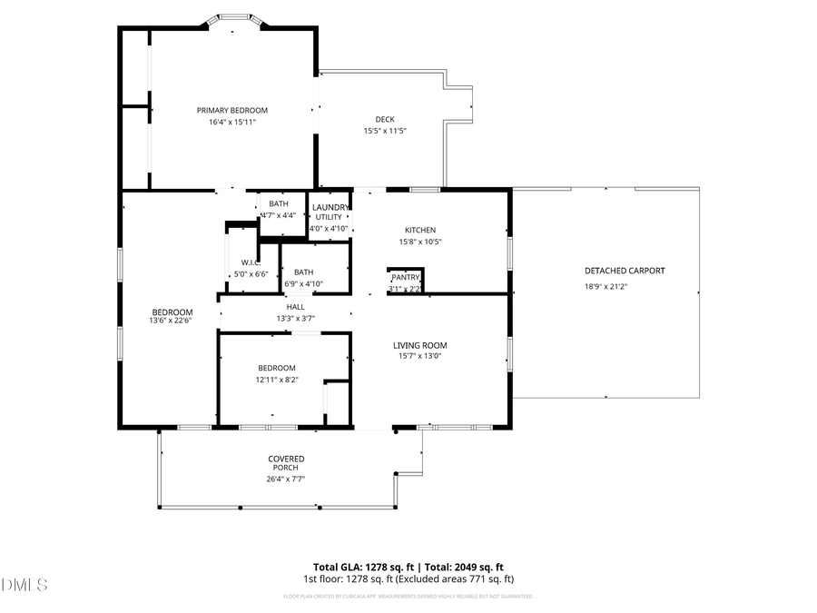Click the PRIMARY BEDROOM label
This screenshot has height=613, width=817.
click(232, 110)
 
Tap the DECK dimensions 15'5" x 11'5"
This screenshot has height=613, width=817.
click(385, 131)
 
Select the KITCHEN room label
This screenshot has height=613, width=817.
click(420, 230)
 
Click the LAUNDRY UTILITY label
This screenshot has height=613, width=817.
click(329, 213)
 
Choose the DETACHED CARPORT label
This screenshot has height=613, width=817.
click(625, 271)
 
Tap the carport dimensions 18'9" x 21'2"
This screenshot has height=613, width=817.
click(605, 287)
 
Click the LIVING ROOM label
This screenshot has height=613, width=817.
click(419, 345)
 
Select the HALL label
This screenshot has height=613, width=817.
click(296, 307)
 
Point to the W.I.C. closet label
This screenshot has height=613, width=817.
click(251, 263)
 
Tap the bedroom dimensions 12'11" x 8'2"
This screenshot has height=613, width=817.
click(277, 380)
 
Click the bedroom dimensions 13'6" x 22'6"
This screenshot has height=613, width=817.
click(172, 321)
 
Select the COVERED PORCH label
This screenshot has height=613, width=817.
click(286, 463)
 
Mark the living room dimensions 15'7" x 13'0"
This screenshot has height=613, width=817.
click(419, 356)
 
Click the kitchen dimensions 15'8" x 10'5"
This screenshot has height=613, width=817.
click(420, 242)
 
